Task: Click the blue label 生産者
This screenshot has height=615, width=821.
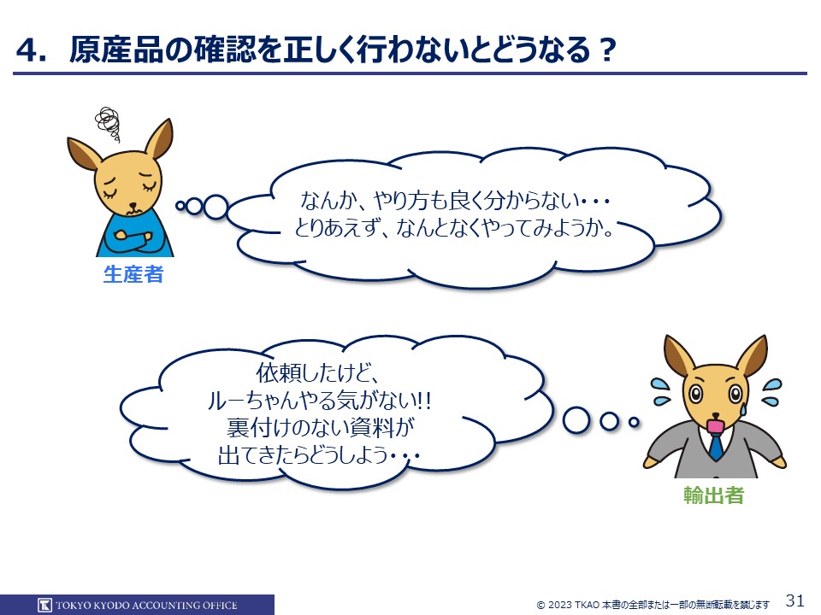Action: (x=133, y=274)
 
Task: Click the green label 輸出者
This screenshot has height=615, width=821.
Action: (x=713, y=495)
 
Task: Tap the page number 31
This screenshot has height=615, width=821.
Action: (x=794, y=600)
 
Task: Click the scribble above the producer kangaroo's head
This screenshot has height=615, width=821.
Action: (x=108, y=123)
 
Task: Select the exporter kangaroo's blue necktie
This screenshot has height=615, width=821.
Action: (x=716, y=446)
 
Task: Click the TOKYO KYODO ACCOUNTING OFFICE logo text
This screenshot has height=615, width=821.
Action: (x=146, y=606)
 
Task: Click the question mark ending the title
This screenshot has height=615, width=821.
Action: (x=607, y=50)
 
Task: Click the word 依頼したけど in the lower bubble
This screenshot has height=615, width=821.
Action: (x=316, y=373)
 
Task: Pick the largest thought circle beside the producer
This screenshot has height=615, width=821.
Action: (x=216, y=207)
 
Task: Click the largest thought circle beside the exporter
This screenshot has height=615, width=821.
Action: (x=576, y=420)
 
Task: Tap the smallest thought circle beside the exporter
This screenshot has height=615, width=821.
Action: (x=634, y=421)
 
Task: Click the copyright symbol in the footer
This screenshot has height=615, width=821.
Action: (x=540, y=606)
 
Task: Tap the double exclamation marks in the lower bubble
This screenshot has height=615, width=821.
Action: (x=423, y=401)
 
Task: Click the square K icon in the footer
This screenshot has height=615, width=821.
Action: (x=44, y=605)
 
